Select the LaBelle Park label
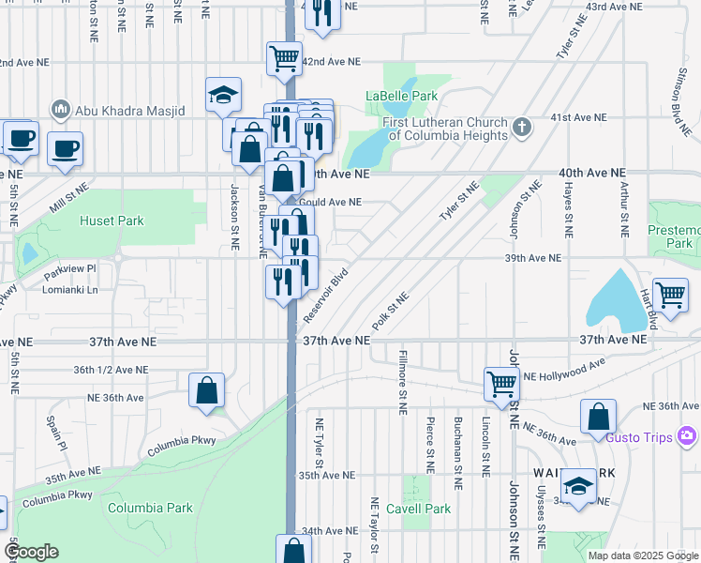tap(401, 96)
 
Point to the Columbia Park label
tap(150, 508)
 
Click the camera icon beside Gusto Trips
tap(687, 435)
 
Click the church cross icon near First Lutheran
tap(523, 127)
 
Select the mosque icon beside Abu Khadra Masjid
tap(62, 109)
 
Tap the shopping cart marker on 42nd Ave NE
tap(284, 58)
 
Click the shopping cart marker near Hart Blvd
tap(671, 295)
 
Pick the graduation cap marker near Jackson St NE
tap(224, 95)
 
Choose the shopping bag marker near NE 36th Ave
tap(206, 390)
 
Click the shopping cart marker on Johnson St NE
tap(501, 384)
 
